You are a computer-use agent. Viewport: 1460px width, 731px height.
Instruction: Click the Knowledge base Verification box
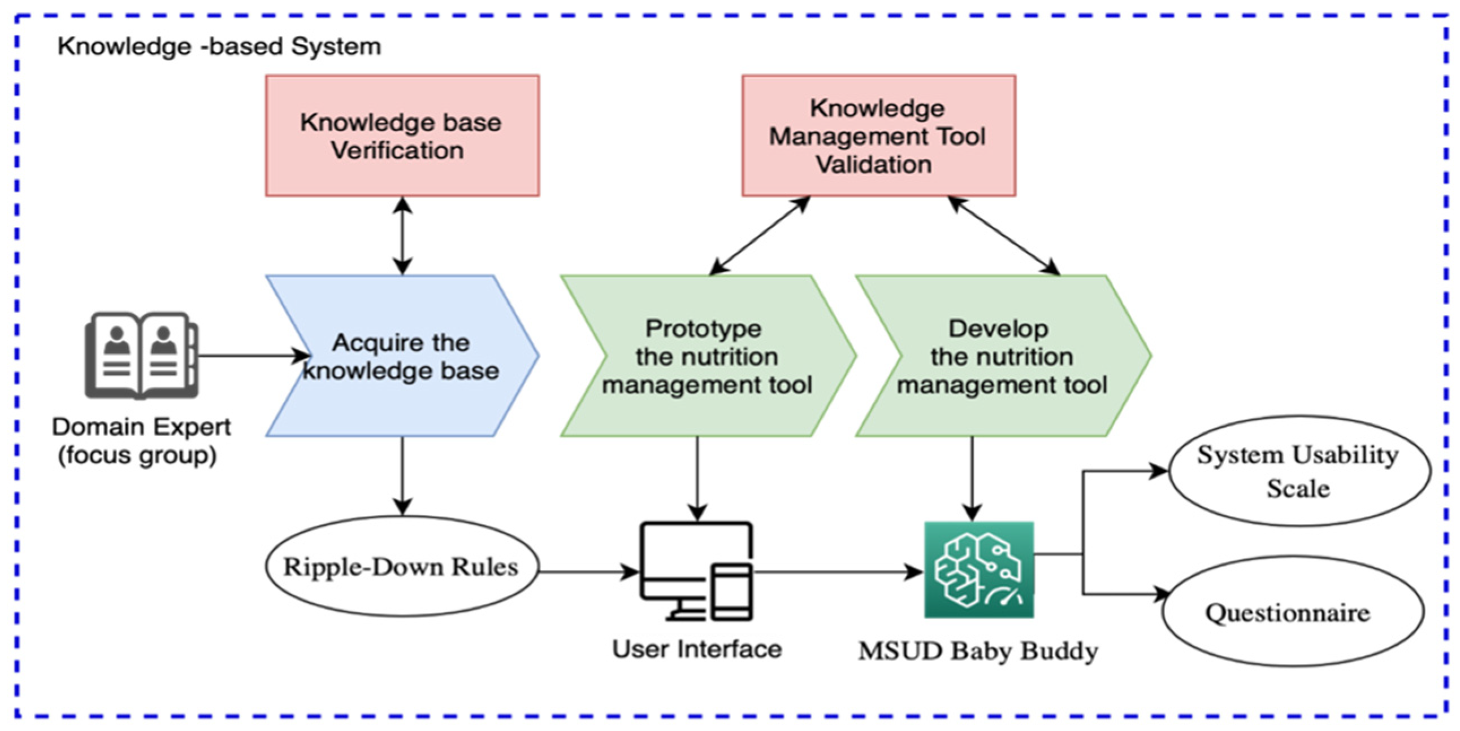[x=402, y=136]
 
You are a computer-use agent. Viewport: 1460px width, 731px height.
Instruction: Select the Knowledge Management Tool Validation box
[x=878, y=136]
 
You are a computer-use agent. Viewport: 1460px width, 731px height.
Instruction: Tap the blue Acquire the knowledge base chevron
[x=402, y=356]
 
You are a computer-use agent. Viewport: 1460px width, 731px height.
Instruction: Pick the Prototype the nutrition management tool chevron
[x=707, y=356]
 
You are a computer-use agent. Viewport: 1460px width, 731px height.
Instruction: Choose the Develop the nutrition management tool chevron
[x=1002, y=356]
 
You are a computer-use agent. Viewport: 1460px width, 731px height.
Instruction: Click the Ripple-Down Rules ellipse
[x=401, y=566]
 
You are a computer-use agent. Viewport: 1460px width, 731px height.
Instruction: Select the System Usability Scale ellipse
[x=1298, y=471]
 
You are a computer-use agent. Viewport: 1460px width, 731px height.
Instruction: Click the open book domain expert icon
[x=141, y=356]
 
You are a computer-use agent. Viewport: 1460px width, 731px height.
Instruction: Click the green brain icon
[x=979, y=570]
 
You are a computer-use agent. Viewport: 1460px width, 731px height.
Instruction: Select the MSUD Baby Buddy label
[x=978, y=651]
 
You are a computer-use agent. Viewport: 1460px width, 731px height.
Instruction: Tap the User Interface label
[x=697, y=649]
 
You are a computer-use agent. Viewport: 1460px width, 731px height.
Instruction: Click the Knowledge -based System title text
[x=219, y=46]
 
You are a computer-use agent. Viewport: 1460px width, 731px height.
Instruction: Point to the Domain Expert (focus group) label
[x=141, y=440]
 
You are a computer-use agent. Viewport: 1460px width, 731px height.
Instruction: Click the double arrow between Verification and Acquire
[x=402, y=235]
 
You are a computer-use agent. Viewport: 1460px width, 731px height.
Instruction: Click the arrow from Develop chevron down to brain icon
[x=973, y=478]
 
